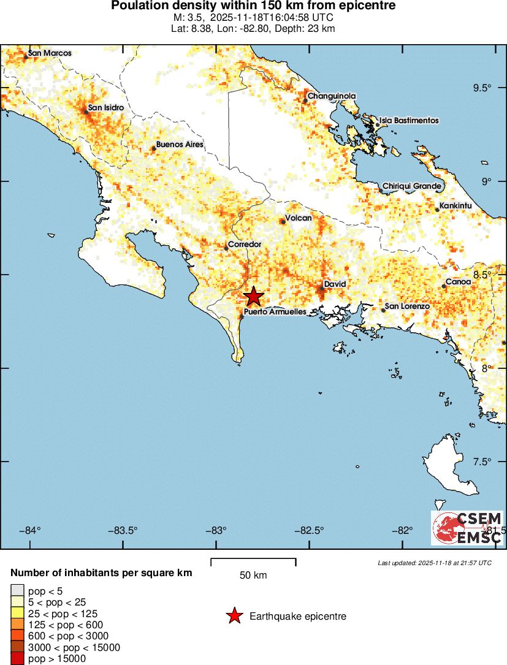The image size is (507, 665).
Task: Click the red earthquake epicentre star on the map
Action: point(253,297)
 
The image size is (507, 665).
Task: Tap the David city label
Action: point(335,284)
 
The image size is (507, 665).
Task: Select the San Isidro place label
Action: point(106,108)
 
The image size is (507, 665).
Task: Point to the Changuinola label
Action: point(331,96)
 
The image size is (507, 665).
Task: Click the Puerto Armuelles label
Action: point(275,312)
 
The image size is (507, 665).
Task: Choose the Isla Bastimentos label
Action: point(409,121)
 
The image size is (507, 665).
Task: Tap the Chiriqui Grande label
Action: point(412,186)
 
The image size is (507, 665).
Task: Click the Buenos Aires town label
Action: point(180,145)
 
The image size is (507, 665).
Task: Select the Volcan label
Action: point(299,218)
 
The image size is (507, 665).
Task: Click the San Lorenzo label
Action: point(406,306)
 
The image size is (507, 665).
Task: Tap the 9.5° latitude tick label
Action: point(483,88)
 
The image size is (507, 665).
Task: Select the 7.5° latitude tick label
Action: point(483,462)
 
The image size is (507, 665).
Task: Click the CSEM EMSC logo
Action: point(468,528)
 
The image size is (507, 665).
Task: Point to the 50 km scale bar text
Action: point(253,576)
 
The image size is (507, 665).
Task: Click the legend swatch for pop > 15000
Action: point(17,659)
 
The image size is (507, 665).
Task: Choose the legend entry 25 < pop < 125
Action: point(63,614)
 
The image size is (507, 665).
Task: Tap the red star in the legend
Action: point(234,617)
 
